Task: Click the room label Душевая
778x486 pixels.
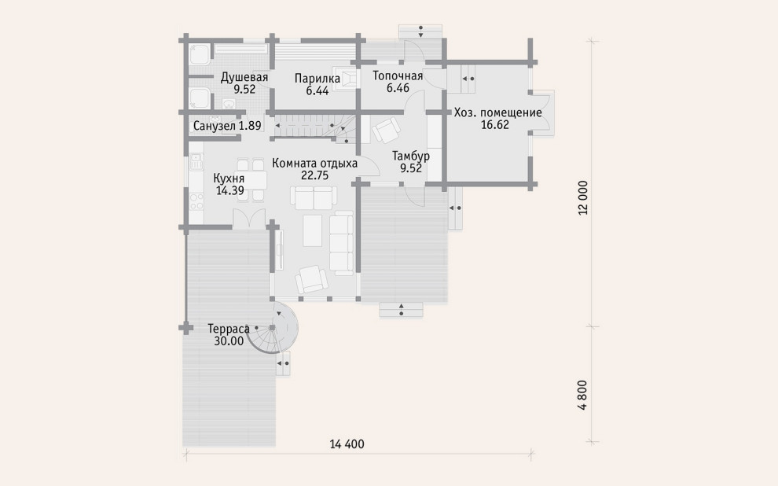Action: click(x=244, y=77)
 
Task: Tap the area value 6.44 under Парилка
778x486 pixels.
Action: click(x=317, y=91)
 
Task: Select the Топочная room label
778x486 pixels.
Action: click(x=398, y=76)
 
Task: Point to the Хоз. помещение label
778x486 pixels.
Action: click(x=497, y=112)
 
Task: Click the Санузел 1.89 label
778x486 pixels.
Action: click(x=227, y=126)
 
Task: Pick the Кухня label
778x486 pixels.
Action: click(x=229, y=179)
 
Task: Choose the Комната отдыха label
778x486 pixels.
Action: click(x=314, y=164)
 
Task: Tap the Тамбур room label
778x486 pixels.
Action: click(x=411, y=156)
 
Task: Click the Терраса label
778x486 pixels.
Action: click(x=228, y=330)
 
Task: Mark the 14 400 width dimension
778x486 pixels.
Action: click(x=347, y=444)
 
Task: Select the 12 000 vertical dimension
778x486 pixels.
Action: click(x=583, y=197)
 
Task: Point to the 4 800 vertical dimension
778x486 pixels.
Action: click(x=583, y=395)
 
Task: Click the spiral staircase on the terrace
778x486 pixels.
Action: click(x=275, y=328)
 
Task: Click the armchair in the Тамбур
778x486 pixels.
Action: click(x=386, y=130)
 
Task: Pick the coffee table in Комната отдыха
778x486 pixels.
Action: click(x=313, y=231)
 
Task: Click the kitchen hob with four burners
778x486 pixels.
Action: click(x=196, y=201)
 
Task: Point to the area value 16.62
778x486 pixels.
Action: click(x=495, y=125)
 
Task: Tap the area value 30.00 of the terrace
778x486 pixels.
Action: click(x=229, y=341)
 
